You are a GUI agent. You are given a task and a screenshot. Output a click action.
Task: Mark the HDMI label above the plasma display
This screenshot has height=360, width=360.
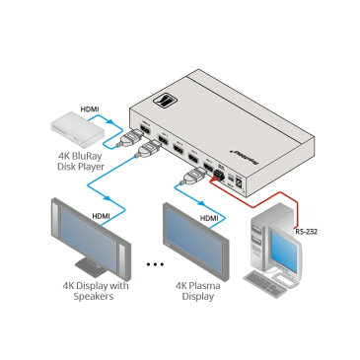point(209,218)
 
